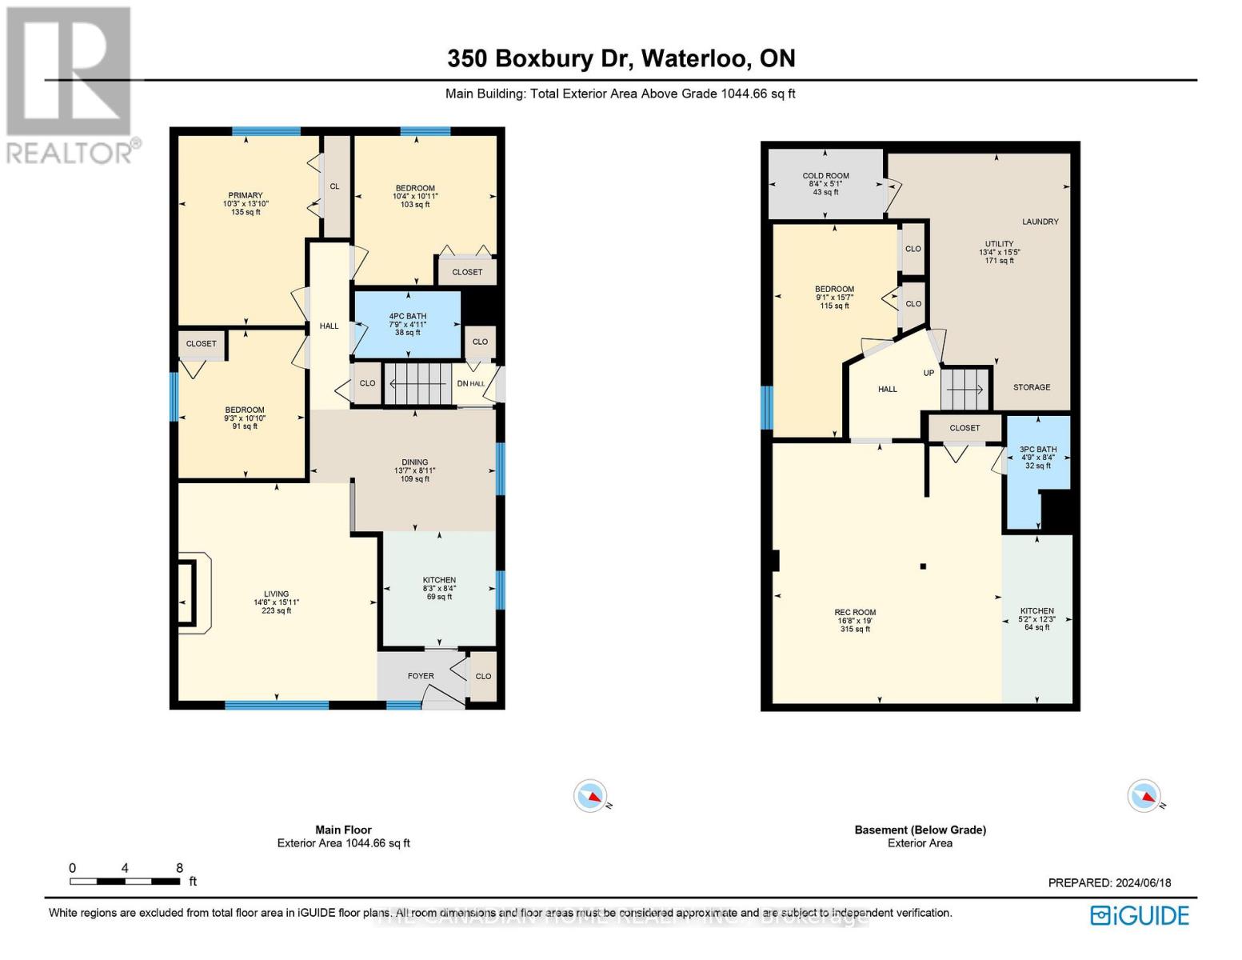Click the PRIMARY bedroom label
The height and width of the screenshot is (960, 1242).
tap(246, 196)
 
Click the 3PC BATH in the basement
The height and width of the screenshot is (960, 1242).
tap(1037, 457)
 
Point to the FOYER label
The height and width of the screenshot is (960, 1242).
tap(421, 676)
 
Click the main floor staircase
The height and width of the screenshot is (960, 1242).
tap(418, 384)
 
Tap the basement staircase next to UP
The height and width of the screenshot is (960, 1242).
tap(965, 389)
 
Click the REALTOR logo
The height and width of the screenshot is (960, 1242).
tap(70, 85)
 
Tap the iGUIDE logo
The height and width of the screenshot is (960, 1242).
tap(1140, 915)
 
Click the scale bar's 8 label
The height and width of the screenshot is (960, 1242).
tap(179, 868)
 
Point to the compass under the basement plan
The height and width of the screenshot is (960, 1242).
tap(1143, 796)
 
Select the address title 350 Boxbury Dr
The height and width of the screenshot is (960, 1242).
tap(621, 58)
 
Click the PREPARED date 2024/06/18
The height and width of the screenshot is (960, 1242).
tap(1109, 882)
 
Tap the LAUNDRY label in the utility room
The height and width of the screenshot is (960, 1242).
tap(1040, 222)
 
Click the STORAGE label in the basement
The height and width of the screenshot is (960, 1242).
tap(1031, 387)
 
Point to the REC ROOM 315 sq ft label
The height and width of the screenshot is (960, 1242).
tap(855, 621)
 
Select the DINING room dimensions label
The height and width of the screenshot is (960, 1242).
tap(414, 470)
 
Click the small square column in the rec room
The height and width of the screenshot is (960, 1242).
tap(923, 566)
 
